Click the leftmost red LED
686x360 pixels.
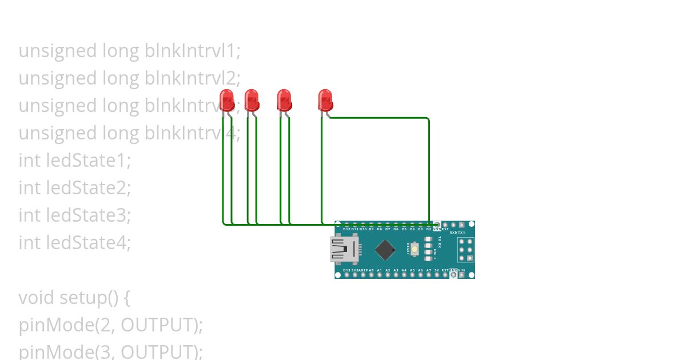[x=227, y=101]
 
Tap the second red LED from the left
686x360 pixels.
[x=252, y=101]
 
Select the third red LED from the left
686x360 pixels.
[x=284, y=101]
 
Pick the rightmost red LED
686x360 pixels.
[x=325, y=101]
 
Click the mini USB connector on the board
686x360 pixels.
[x=345, y=250]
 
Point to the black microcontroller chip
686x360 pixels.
[x=386, y=250]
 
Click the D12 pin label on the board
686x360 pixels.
[x=347, y=229]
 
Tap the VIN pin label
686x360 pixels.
[x=461, y=270]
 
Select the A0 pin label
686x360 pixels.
[x=371, y=270]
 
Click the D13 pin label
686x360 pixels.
[x=347, y=270]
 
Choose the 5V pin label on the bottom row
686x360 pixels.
[x=437, y=270]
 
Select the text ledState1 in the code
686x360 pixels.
[x=88, y=161]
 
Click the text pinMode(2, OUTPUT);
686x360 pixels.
[x=111, y=325]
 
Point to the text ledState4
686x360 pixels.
[x=88, y=243]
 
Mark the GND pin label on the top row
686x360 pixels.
[x=437, y=229]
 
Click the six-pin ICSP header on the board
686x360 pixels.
[x=465, y=250]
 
